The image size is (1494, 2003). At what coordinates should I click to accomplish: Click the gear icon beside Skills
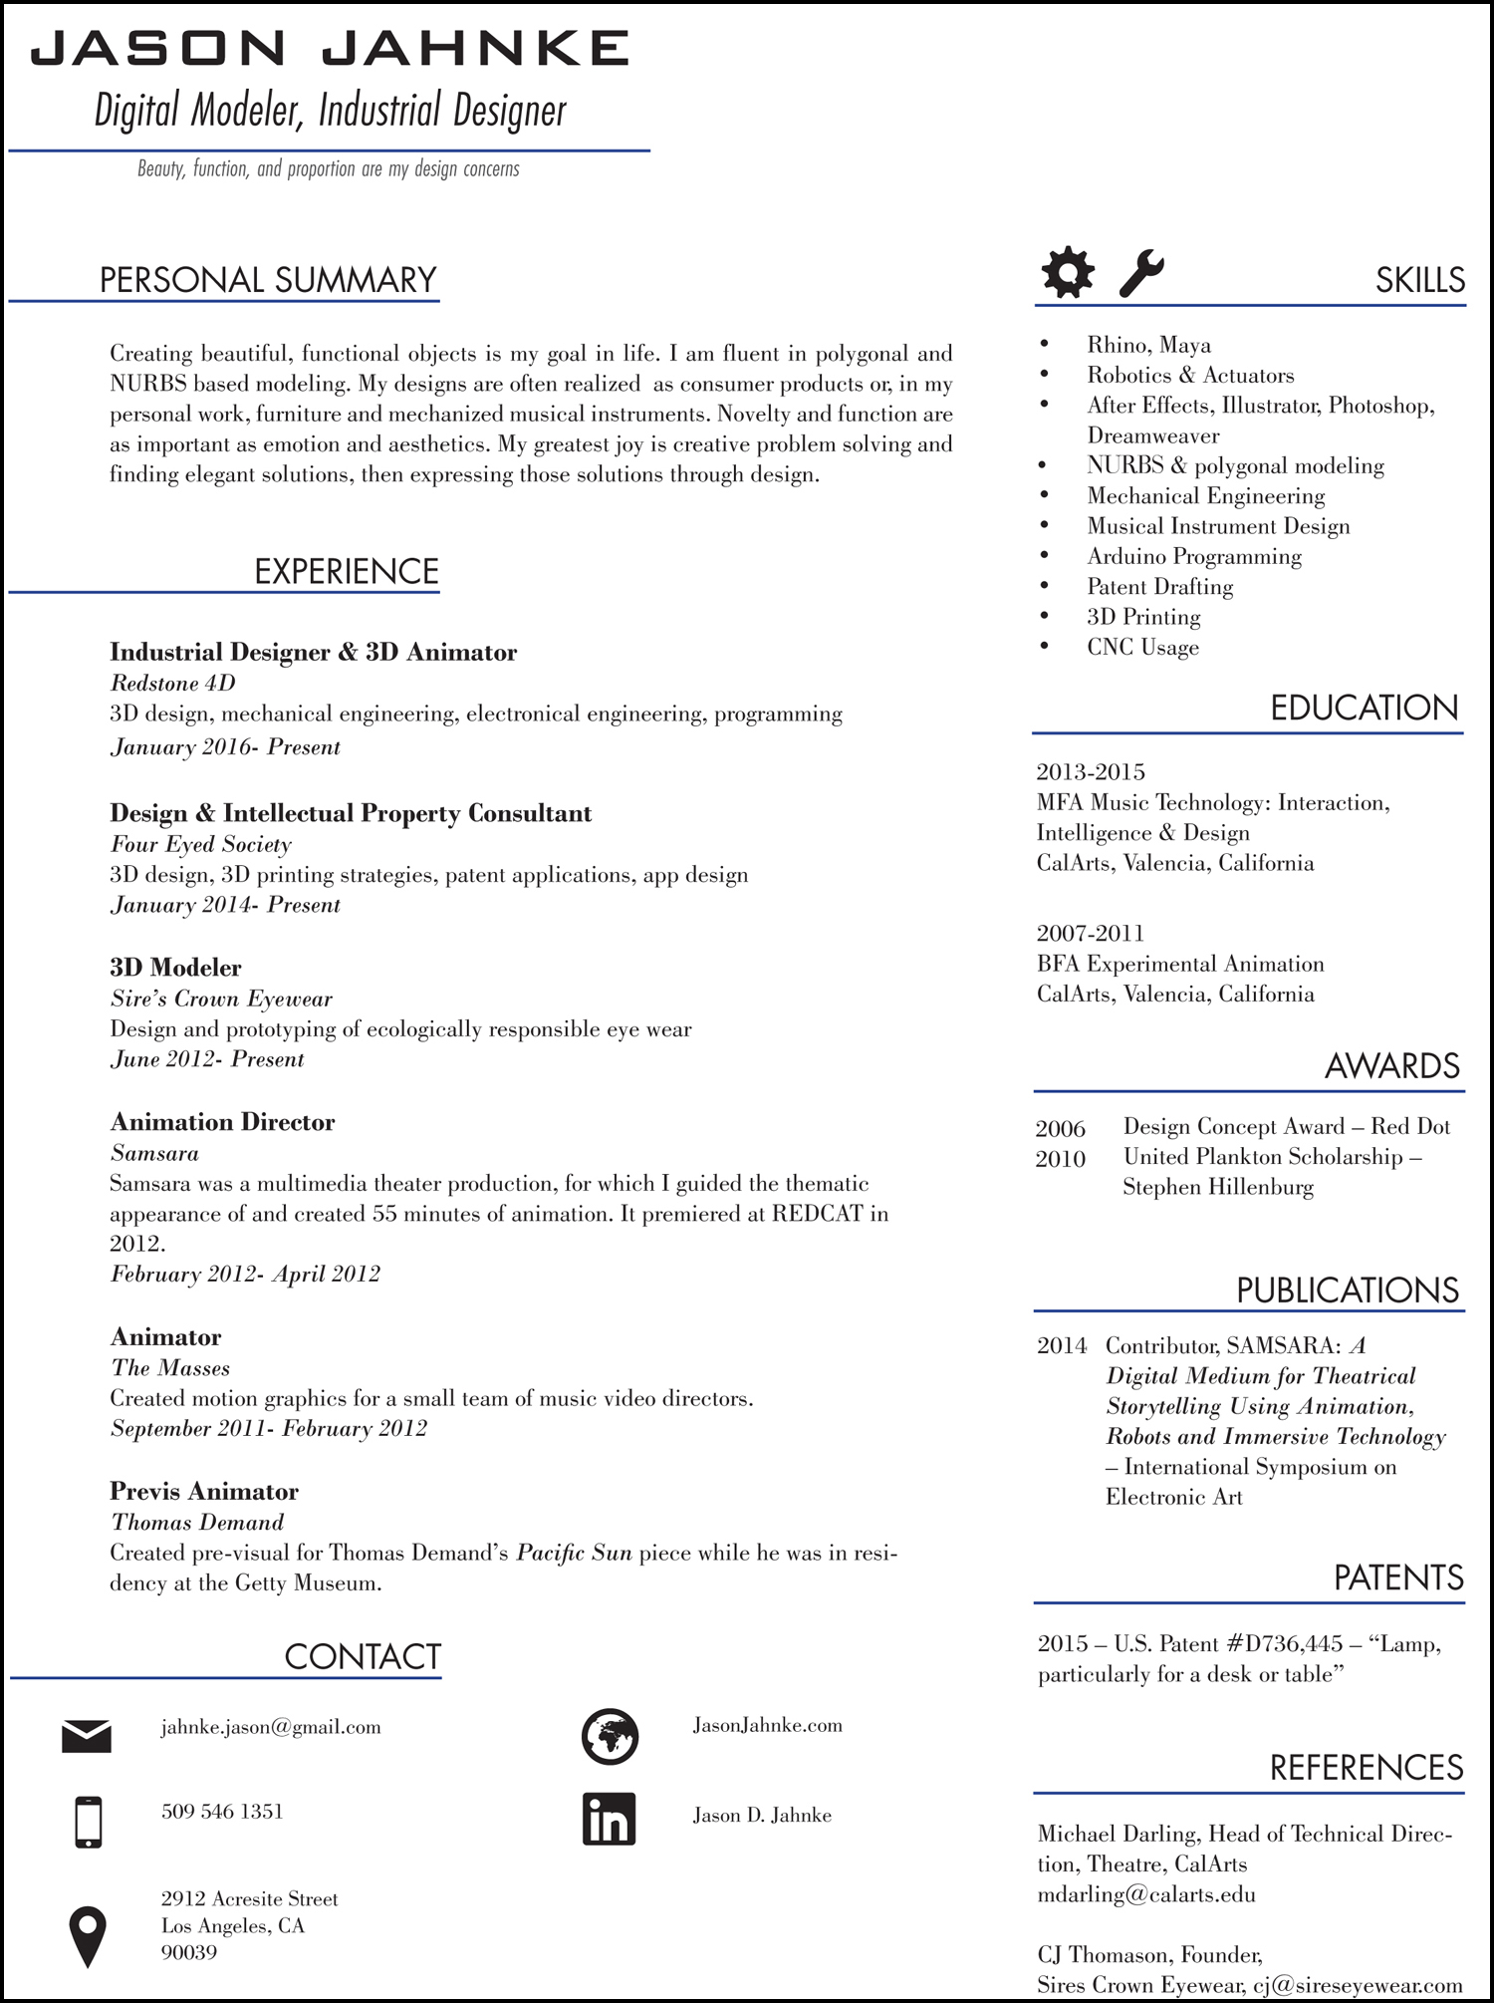[1068, 271]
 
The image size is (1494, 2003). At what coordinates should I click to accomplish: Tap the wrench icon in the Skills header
[1140, 272]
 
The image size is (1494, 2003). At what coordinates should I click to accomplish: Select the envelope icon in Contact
[87, 1736]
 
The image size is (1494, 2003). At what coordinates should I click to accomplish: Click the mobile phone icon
[89, 1822]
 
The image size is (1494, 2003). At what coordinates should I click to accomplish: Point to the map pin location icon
[88, 1936]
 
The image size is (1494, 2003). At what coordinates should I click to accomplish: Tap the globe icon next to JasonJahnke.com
[610, 1736]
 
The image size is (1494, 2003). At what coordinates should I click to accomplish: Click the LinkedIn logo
[609, 1820]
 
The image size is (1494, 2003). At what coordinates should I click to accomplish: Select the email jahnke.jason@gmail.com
[271, 1727]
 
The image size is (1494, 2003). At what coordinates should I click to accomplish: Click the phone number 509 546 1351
[222, 1812]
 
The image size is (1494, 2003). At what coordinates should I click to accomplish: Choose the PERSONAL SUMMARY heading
[268, 280]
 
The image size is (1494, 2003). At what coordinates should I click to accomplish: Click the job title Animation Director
[222, 1122]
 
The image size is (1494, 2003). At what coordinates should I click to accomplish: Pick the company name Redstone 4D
[172, 683]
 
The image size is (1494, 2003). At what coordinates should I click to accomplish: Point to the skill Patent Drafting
[1159, 587]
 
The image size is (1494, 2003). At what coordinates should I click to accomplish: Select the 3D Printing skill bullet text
[1143, 617]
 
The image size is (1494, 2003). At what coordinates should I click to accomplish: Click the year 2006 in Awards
[1060, 1129]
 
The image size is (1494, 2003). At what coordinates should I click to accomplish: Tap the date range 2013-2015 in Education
[1091, 772]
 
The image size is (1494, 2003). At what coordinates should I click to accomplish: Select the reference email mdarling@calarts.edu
[1146, 1894]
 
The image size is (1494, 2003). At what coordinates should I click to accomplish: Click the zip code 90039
[189, 1952]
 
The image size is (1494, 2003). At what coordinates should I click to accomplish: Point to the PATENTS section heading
[1398, 1578]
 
